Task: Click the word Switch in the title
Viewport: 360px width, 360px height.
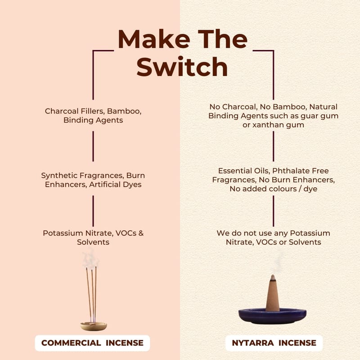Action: (182, 67)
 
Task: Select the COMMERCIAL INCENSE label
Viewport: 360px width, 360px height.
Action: (92, 343)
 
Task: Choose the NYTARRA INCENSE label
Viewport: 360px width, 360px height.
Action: (274, 343)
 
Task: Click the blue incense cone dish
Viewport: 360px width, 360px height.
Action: (272, 316)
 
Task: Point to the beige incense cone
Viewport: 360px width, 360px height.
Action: (273, 293)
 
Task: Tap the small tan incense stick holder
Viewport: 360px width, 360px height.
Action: (94, 326)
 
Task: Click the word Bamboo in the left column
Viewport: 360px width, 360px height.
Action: (124, 111)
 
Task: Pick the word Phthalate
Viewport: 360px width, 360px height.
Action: (291, 171)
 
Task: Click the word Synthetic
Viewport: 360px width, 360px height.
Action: (60, 176)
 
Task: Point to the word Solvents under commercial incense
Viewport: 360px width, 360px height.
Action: (93, 242)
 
